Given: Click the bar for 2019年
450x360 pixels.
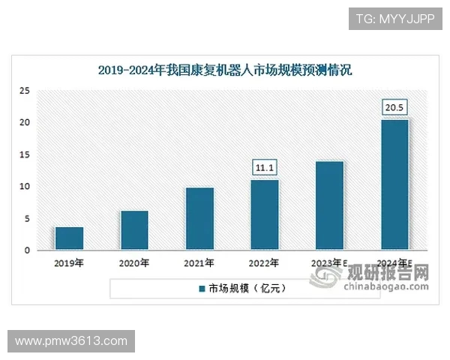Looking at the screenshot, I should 69,238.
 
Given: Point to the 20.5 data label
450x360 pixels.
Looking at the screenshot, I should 394,108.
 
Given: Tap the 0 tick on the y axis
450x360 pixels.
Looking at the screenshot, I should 27,250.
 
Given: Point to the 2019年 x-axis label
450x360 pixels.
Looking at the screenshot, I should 69,263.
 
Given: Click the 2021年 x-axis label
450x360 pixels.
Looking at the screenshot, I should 199,263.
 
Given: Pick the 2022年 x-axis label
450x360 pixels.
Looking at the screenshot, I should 264,263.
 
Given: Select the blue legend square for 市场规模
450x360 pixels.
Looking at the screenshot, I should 201,288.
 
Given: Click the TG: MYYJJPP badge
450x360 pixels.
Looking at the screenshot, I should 394,19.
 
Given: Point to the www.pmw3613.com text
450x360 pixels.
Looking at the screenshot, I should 71,341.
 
